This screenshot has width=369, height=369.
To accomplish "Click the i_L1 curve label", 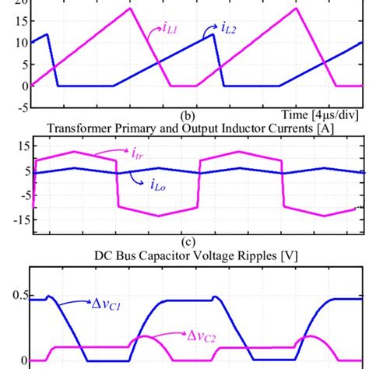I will tap(171, 30).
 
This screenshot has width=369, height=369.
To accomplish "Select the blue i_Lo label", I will tap(139, 184).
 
